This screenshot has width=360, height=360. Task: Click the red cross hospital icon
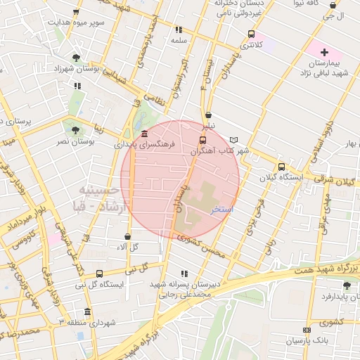click(x=324, y=52)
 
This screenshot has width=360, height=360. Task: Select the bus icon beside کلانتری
click(x=251, y=34)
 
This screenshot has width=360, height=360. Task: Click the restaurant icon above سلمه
click(x=179, y=30)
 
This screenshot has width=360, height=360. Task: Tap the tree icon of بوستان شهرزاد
click(x=76, y=58)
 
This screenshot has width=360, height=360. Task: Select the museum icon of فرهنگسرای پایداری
click(x=144, y=134)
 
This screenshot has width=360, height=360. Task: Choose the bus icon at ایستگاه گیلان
click(x=281, y=167)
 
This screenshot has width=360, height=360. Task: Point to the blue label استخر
click(x=222, y=210)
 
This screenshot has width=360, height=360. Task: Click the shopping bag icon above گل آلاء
click(x=127, y=237)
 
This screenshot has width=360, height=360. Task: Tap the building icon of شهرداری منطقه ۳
click(x=87, y=311)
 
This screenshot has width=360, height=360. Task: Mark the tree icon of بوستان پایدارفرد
click(x=346, y=285)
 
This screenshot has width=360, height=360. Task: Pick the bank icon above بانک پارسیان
click(x=306, y=330)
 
